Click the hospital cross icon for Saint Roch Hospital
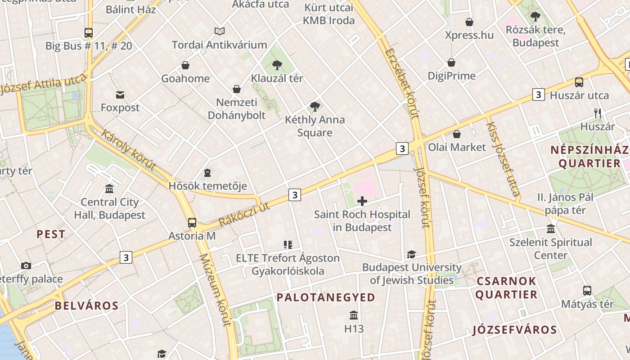(x=362, y=201)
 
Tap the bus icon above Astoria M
(x=192, y=222)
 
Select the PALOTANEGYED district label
(x=325, y=297)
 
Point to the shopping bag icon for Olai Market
(x=457, y=134)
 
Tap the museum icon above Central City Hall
(x=109, y=189)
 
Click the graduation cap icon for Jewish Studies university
(x=411, y=255)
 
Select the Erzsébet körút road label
(x=401, y=83)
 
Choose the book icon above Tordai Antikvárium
(x=220, y=31)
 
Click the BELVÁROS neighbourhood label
(x=86, y=306)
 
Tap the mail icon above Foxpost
(x=120, y=95)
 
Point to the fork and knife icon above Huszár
(x=598, y=113)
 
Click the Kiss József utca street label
(x=503, y=159)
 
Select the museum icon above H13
(x=354, y=315)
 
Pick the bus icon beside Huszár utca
(x=579, y=82)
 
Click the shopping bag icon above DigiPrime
(x=451, y=63)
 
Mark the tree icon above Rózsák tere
(x=535, y=17)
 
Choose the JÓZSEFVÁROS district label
(x=515, y=330)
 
